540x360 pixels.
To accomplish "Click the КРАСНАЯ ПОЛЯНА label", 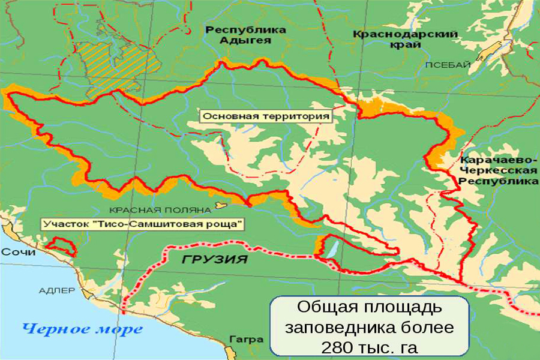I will (160, 210).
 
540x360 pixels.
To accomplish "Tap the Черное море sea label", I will (82, 329).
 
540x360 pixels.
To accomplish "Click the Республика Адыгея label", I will (238, 35).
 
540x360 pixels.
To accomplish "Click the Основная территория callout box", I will (266, 116).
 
